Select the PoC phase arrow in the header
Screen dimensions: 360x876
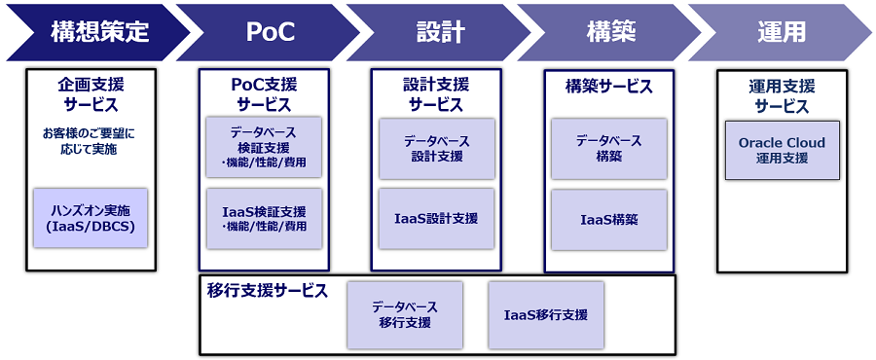pyautogui.click(x=265, y=32)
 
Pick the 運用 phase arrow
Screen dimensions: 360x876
pyautogui.click(x=782, y=32)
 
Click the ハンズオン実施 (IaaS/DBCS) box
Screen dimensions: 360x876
pyautogui.click(x=91, y=218)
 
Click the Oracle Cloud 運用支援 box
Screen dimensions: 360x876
pyautogui.click(x=782, y=150)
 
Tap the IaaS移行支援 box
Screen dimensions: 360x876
pyautogui.click(x=546, y=314)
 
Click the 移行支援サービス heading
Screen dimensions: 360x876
pyautogui.click(x=267, y=291)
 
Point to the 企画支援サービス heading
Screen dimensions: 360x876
pyautogui.click(x=91, y=94)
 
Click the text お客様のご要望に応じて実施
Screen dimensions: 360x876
pyautogui.click(x=91, y=142)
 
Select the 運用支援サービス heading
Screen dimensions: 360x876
pyautogui.click(x=782, y=95)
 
